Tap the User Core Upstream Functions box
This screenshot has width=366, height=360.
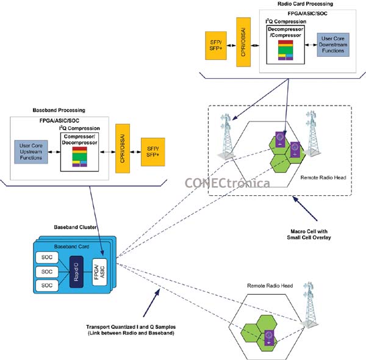[31, 151]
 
